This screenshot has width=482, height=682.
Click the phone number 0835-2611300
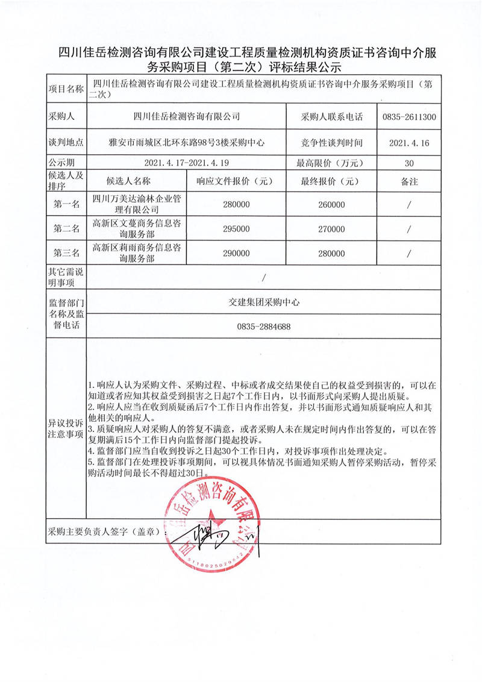click(x=409, y=117)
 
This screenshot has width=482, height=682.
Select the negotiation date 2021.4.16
click(x=409, y=143)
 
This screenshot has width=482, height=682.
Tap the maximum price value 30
click(x=409, y=163)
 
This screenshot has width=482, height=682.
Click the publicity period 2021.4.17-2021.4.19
click(x=187, y=163)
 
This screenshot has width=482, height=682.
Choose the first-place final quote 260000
click(x=331, y=204)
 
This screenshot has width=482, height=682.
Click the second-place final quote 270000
click(x=331, y=229)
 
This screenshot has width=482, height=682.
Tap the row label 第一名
click(x=66, y=204)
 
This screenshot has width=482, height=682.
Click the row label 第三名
click(x=66, y=254)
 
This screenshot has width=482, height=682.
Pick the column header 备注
click(x=409, y=181)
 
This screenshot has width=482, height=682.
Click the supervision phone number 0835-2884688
click(x=264, y=327)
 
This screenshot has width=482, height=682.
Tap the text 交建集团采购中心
click(x=264, y=302)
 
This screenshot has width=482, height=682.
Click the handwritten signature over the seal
click(x=208, y=535)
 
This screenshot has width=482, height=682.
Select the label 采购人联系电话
click(x=332, y=117)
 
